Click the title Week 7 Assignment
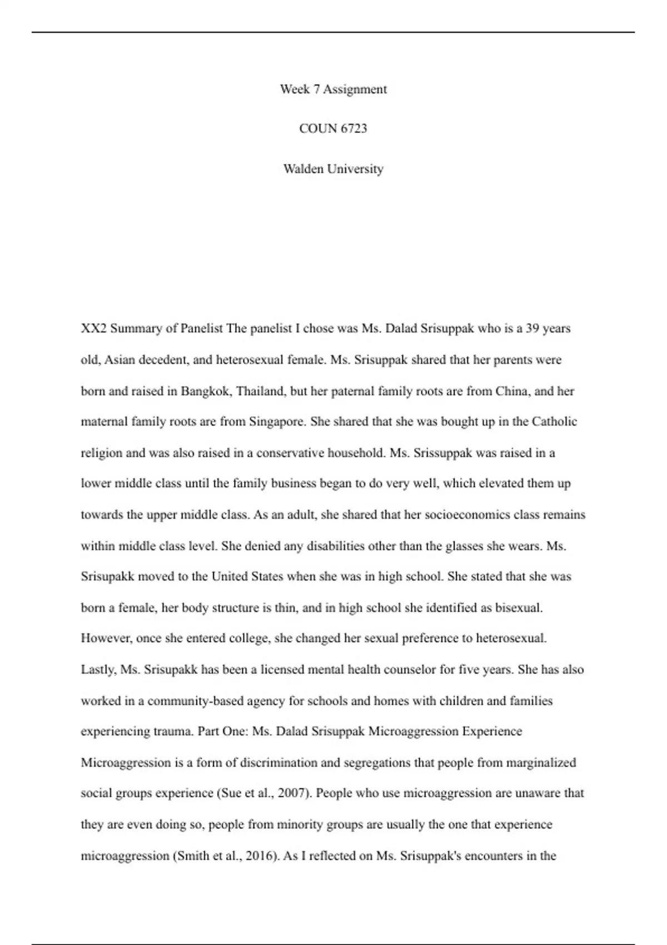coord(333,89)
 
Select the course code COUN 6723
coord(333,128)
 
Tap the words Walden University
coord(333,168)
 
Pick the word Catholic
coord(554,421)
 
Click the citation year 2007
coord(292,793)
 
